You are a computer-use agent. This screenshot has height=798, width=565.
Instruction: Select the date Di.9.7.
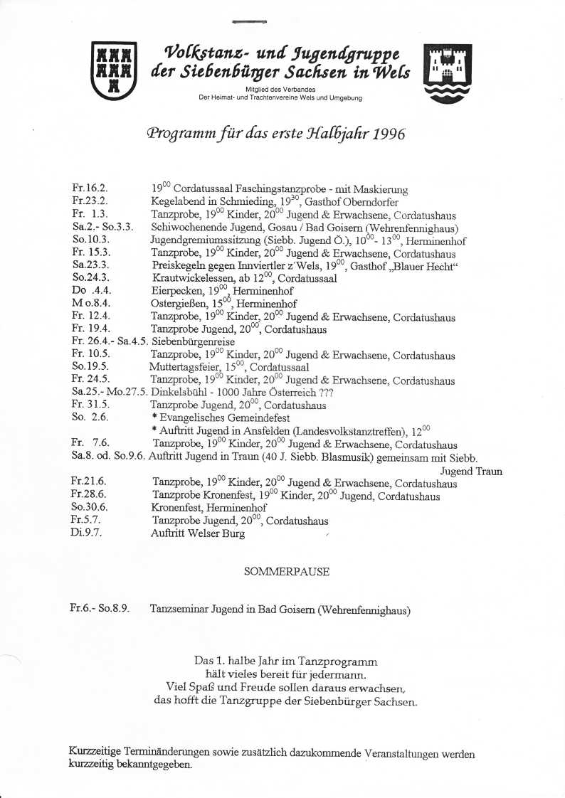coord(87,533)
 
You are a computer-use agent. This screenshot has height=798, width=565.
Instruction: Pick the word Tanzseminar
coord(179,610)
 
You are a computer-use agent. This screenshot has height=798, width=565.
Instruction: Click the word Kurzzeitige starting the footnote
coord(95,754)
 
